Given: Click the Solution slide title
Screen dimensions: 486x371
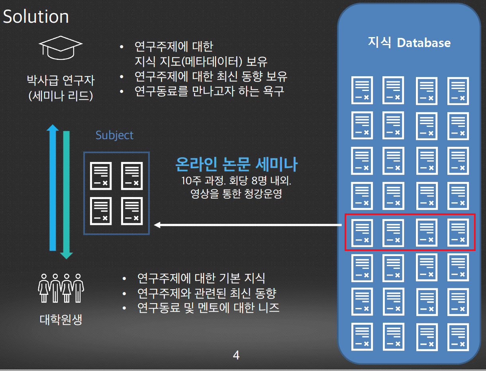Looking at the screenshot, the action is (36, 17).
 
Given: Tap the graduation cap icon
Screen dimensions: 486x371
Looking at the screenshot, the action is (61, 48).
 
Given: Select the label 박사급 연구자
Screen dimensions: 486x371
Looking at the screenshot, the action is (61, 80).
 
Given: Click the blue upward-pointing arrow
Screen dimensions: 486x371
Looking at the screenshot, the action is (53, 187).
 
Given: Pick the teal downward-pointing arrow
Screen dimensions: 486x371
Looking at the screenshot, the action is (67, 195).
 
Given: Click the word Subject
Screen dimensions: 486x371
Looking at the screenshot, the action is (114, 135).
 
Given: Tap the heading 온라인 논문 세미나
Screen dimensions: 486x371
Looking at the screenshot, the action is (236, 164).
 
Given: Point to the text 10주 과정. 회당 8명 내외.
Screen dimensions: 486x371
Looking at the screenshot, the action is (236, 181).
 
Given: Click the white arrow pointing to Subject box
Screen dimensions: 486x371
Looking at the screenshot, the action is (248, 225).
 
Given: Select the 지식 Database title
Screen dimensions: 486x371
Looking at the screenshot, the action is (409, 43).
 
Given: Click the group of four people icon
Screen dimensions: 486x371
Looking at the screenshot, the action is (61, 288).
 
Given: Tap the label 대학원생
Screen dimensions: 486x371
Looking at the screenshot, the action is (61, 320).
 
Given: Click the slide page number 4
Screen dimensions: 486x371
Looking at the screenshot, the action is (236, 355).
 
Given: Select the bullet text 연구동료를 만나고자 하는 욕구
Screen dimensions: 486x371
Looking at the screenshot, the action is (209, 91).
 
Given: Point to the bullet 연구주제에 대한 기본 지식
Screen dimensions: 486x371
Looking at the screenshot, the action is (201, 278).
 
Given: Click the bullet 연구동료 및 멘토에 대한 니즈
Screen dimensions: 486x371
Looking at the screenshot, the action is (208, 308).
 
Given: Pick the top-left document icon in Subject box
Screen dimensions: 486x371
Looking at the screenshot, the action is (101, 176).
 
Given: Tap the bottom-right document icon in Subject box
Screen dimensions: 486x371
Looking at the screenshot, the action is (132, 211).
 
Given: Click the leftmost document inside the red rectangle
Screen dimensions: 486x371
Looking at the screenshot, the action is (362, 233).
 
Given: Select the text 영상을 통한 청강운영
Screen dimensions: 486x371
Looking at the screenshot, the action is (236, 194).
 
